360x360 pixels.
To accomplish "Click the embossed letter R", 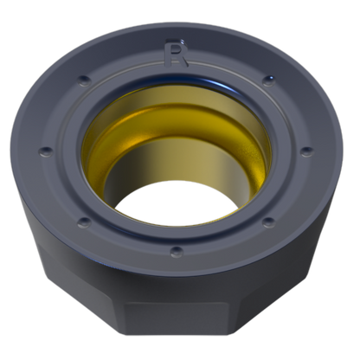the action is click(x=176, y=53).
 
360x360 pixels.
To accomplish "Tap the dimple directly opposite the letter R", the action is click(x=177, y=251).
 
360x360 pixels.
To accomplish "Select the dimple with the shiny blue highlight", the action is click(x=269, y=80).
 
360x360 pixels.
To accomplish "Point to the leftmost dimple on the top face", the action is click(x=46, y=151).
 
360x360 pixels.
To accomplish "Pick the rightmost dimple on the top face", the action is click(x=306, y=151).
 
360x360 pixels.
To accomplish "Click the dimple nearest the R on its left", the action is click(x=84, y=80).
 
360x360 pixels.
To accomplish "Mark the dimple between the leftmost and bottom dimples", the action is click(x=84, y=222).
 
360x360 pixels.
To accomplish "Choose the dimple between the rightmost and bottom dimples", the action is click(x=269, y=222).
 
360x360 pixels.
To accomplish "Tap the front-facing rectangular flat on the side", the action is click(x=176, y=318).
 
